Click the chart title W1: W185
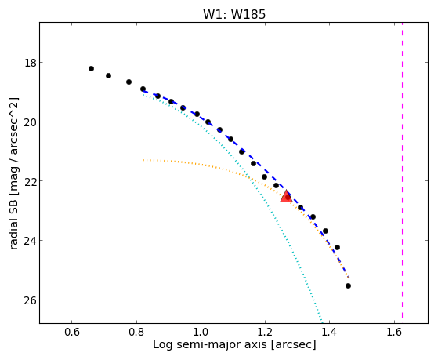(x=234, y=14)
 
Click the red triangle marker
(x=286, y=196)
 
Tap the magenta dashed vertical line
(x=402, y=170)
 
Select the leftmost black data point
(x=91, y=68)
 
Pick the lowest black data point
(x=348, y=285)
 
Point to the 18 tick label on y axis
(x=31, y=63)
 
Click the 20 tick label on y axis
(x=30, y=122)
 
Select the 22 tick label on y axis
(x=30, y=181)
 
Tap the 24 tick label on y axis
(x=30, y=241)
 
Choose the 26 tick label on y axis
(x=30, y=300)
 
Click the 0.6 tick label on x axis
(x=72, y=332)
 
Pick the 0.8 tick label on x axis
(x=136, y=332)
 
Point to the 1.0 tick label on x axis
(x=201, y=332)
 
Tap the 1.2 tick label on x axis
(x=265, y=332)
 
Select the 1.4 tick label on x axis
(x=329, y=332)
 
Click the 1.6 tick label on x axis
(x=394, y=332)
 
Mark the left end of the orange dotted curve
(x=143, y=160)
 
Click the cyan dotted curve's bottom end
(x=322, y=322)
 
